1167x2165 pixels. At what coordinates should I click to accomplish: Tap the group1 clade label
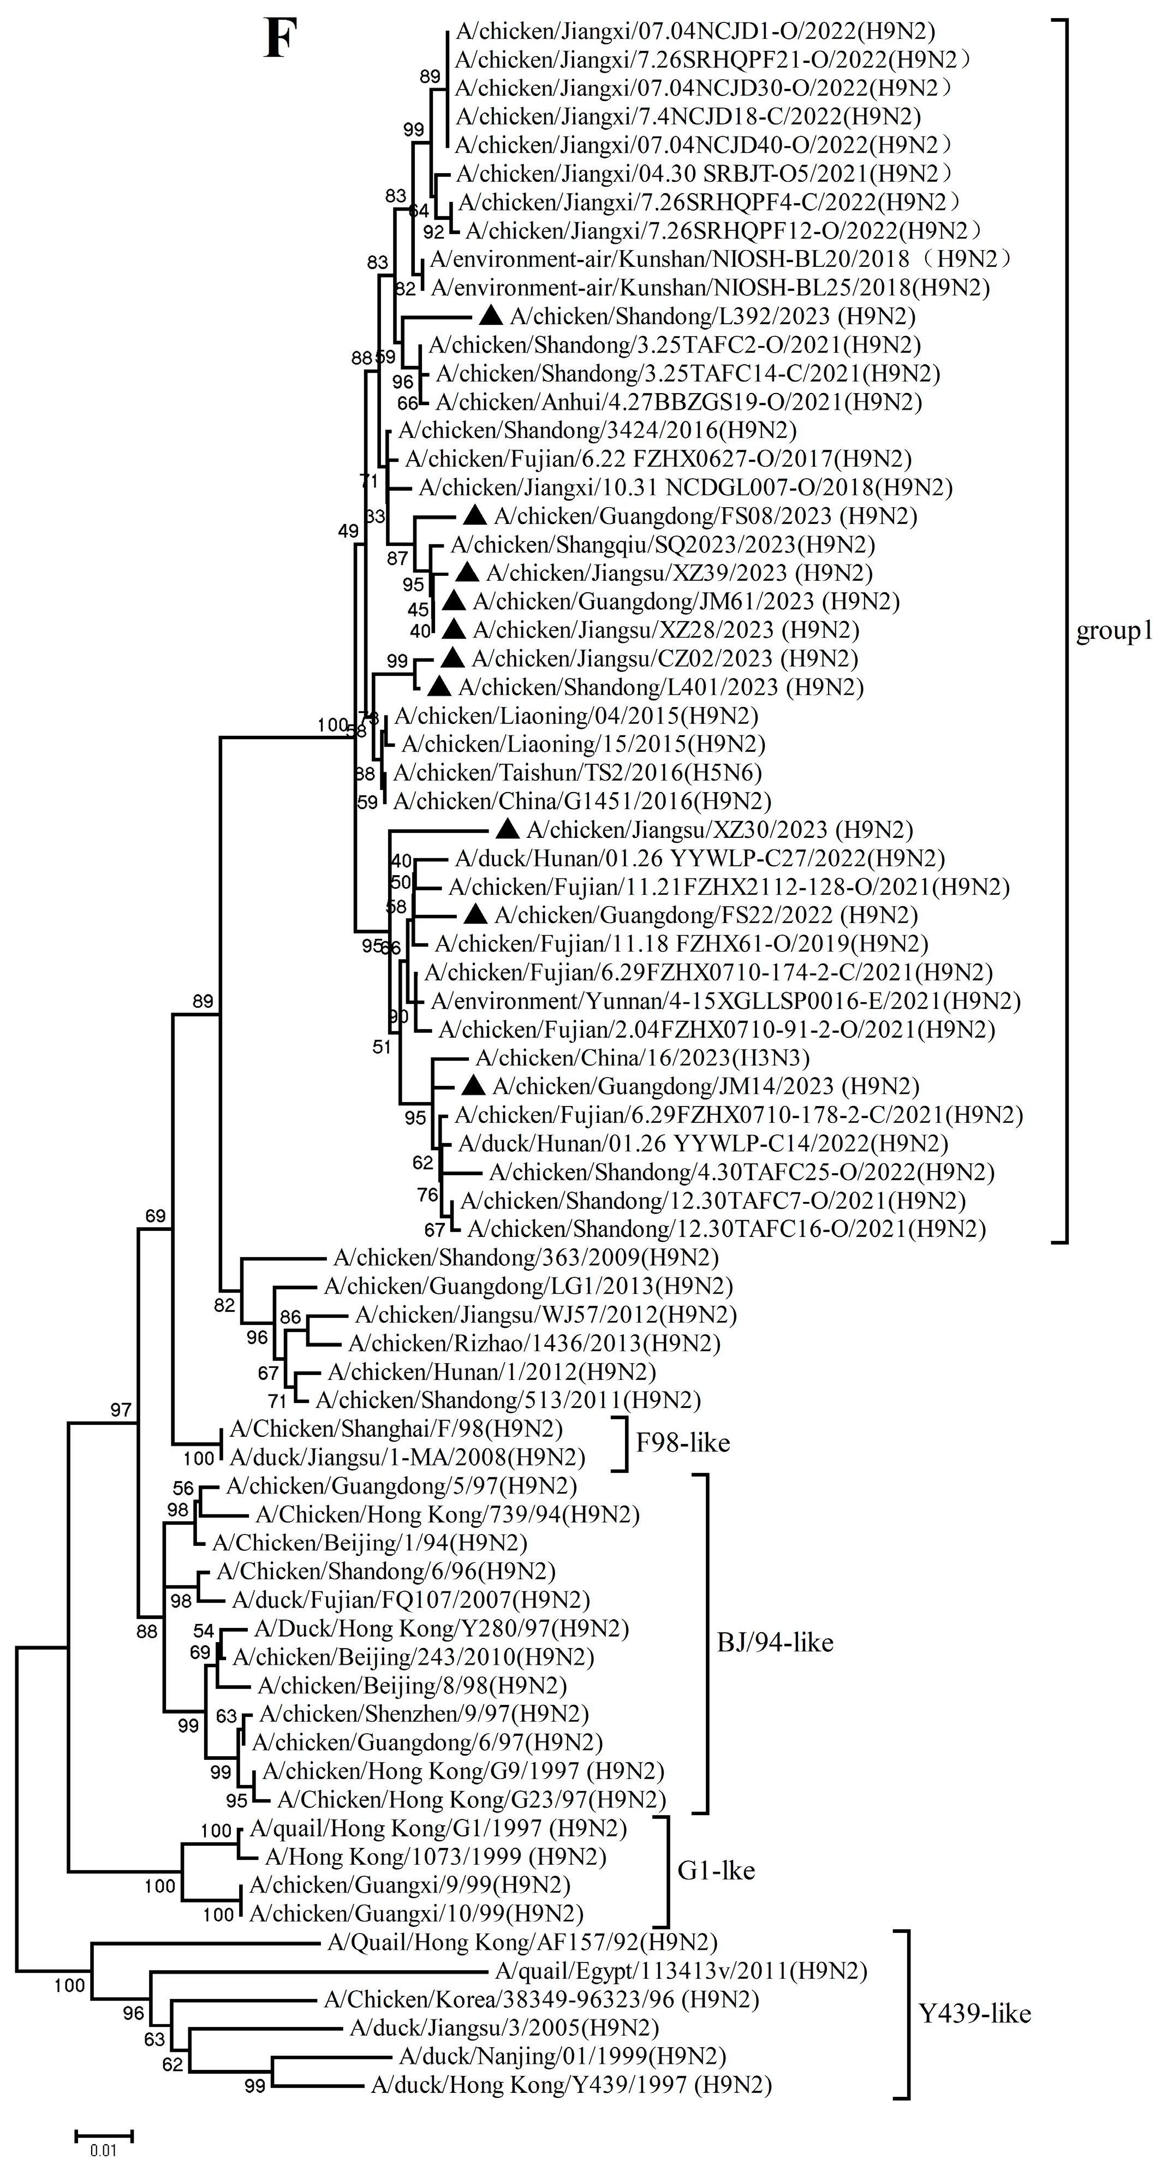1114,631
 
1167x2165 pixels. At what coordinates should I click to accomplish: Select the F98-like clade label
682,1443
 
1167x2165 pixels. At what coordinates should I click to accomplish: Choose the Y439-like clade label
974,2014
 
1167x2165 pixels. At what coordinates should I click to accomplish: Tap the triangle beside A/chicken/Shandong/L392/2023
491,316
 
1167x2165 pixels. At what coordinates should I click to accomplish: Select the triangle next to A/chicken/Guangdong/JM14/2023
474,1086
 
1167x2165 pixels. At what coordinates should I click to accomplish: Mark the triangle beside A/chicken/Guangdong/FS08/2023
475,515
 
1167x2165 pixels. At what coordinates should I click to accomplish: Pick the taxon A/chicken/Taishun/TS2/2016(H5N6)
577,772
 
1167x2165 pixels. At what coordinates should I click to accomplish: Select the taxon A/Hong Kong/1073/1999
435,1855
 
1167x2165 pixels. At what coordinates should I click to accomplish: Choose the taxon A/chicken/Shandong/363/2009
526,1257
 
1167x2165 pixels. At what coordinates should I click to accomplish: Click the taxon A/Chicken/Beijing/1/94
370,1542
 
